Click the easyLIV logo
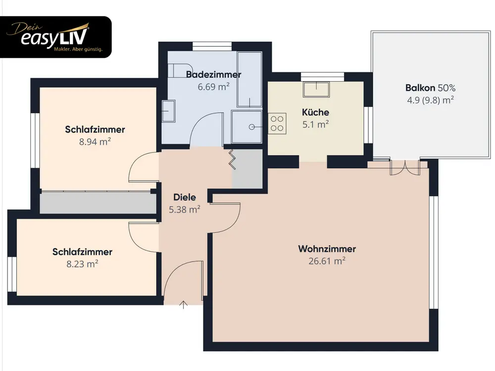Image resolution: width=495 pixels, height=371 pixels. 55,37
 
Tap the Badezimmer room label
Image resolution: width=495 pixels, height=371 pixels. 213,75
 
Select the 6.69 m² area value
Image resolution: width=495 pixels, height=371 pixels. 213,87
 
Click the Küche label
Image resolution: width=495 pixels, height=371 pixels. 315,112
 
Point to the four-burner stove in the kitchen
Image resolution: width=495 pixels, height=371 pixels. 277,123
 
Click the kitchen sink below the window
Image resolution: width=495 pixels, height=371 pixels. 316,89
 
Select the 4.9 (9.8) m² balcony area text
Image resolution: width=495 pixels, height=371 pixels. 430,100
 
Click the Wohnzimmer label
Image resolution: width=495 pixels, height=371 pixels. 327,249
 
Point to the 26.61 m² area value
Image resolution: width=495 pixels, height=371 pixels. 327,261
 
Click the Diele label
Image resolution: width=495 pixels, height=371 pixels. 185,197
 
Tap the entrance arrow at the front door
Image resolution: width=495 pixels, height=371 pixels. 184,305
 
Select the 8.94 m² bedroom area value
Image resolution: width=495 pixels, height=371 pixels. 95,141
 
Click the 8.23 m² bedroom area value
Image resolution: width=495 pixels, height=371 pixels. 82,264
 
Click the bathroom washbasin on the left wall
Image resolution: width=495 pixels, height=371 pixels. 169,111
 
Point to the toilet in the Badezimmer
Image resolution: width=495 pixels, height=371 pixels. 176,70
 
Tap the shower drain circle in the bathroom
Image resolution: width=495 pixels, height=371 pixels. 251,127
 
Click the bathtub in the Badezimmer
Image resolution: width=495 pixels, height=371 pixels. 249,79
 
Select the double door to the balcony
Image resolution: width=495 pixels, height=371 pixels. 405,168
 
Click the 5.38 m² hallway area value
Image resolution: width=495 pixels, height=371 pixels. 185,209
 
